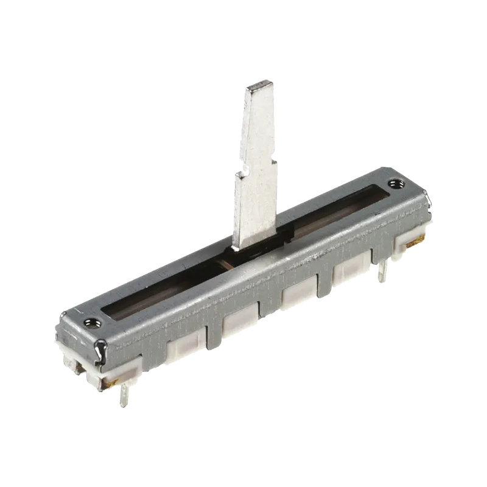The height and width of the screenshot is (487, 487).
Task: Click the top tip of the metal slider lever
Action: tap(259, 86)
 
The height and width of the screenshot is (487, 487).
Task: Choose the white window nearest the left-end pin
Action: tap(182, 348)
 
